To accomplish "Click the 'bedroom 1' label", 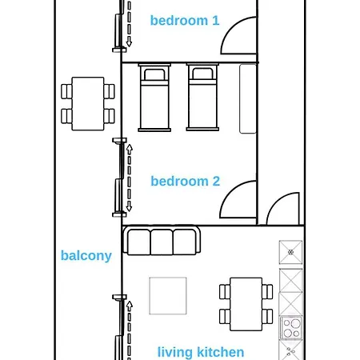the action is tap(185, 21).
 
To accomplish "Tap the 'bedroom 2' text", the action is tap(186, 181).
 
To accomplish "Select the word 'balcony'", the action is tap(86, 256).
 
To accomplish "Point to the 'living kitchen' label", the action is tap(201, 352).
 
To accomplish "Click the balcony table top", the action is tap(88, 104).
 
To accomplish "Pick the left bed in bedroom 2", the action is tap(154, 98).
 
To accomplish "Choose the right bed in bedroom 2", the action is tap(202, 97).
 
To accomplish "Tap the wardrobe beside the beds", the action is tap(248, 98).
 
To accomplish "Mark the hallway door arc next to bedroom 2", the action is tap(274, 202).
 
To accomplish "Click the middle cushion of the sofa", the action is tap(162, 242).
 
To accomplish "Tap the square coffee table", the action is tap(168, 296).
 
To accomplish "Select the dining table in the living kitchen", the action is tap(246, 304).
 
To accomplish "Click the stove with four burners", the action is tap(291, 328).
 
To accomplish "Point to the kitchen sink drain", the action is tap(290, 252).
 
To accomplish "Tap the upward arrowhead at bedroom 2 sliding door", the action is tap(130, 149).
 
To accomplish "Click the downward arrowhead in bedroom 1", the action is tap(129, 42).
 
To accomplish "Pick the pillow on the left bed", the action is tap(154, 74).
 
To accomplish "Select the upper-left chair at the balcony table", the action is tap(66, 91).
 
